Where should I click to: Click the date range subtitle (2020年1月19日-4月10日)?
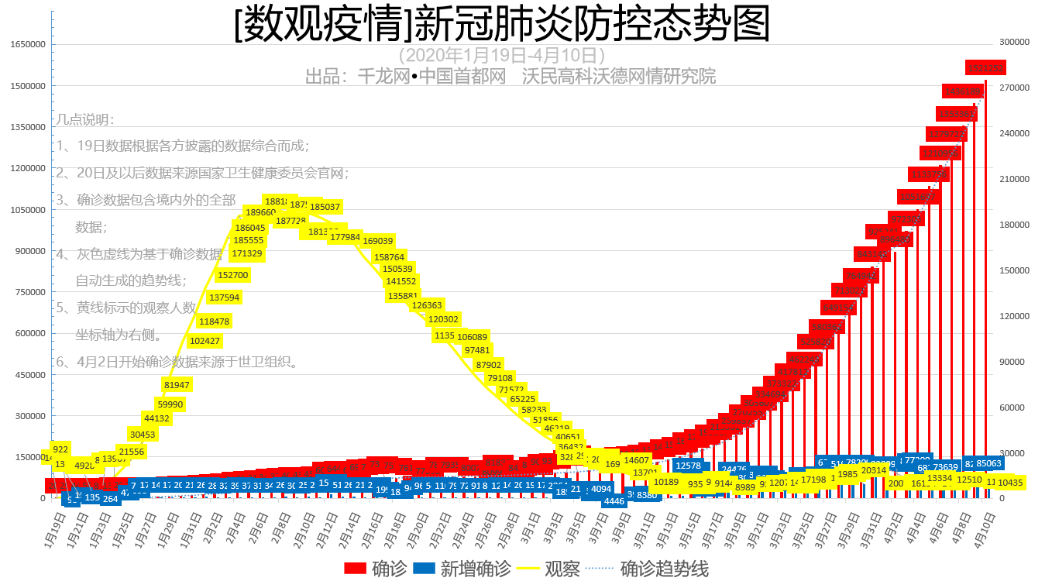click(x=501, y=56)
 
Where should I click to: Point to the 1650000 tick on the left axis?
click(x=27, y=45)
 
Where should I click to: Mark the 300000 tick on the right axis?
click(x=1012, y=42)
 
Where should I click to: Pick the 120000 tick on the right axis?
click(x=1012, y=316)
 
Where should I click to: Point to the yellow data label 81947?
click(x=177, y=385)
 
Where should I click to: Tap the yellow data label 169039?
click(x=378, y=241)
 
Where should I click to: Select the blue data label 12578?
click(x=688, y=466)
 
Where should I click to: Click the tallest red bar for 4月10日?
click(x=985, y=294)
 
